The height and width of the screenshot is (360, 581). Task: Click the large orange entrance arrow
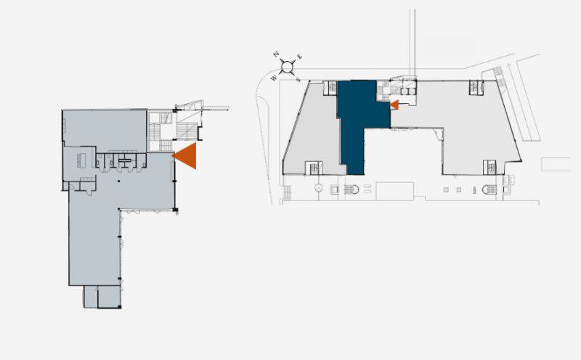point(188,156)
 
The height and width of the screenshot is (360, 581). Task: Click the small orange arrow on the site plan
point(395,105)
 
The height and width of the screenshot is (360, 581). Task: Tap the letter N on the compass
point(276,54)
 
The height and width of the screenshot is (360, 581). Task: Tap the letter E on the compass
point(300,57)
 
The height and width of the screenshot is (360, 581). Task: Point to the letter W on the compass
point(274,78)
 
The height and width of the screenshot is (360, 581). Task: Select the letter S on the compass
point(298,79)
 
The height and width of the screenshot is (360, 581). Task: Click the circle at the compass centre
point(287,67)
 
